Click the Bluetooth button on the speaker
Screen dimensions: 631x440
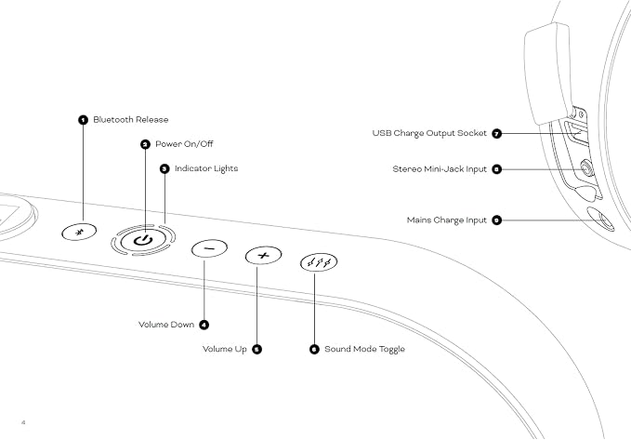79,232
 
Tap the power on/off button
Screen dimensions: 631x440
143,240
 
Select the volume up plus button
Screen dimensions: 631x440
263,256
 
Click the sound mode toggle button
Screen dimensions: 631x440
319,262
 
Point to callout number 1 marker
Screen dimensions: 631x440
83,120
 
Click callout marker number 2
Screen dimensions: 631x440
145,144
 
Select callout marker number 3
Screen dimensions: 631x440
164,168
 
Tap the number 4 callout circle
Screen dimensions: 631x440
204,325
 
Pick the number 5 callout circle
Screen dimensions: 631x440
256,350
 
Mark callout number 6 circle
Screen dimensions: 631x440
314,350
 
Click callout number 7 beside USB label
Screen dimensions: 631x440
497,133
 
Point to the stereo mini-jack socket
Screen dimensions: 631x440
587,168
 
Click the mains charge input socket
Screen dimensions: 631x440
600,220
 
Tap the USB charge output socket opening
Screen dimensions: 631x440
576,132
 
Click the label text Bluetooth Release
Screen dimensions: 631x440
131,120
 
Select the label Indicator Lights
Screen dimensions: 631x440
206,168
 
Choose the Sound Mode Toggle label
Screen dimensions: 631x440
364,350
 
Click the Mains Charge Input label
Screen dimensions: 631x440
447,220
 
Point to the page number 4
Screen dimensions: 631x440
23,422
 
